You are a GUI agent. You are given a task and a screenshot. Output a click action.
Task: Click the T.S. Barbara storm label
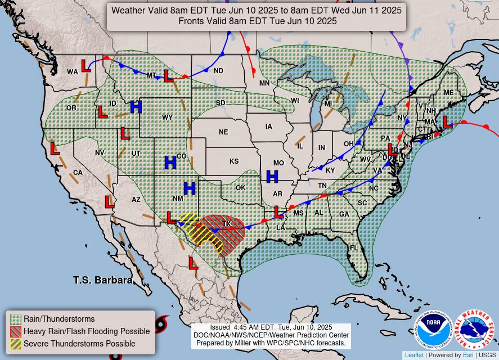(102, 280)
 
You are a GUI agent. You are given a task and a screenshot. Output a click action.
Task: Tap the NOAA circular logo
(434, 330)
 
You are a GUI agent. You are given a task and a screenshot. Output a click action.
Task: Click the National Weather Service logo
(474, 330)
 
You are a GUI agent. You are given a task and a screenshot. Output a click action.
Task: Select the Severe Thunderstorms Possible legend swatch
(16, 344)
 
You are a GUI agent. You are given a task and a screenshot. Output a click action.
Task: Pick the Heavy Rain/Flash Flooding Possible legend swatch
(16, 331)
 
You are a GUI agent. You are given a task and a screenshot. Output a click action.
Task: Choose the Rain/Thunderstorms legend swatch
(16, 319)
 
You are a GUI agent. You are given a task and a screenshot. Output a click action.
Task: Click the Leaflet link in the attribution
(414, 355)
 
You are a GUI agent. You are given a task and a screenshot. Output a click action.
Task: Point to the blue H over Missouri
(272, 177)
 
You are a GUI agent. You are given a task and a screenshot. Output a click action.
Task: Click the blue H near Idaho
(136, 106)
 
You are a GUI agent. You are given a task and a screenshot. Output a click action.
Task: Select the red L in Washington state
(85, 66)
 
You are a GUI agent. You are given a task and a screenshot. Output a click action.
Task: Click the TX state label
(227, 223)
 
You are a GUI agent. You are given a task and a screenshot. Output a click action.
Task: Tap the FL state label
(354, 248)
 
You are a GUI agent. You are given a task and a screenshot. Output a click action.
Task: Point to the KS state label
(234, 161)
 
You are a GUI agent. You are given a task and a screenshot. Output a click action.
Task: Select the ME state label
(448, 93)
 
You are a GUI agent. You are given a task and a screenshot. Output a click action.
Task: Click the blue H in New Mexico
(189, 188)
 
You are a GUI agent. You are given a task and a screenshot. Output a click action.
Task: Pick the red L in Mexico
(193, 263)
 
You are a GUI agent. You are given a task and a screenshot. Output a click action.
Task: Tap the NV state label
(100, 153)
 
